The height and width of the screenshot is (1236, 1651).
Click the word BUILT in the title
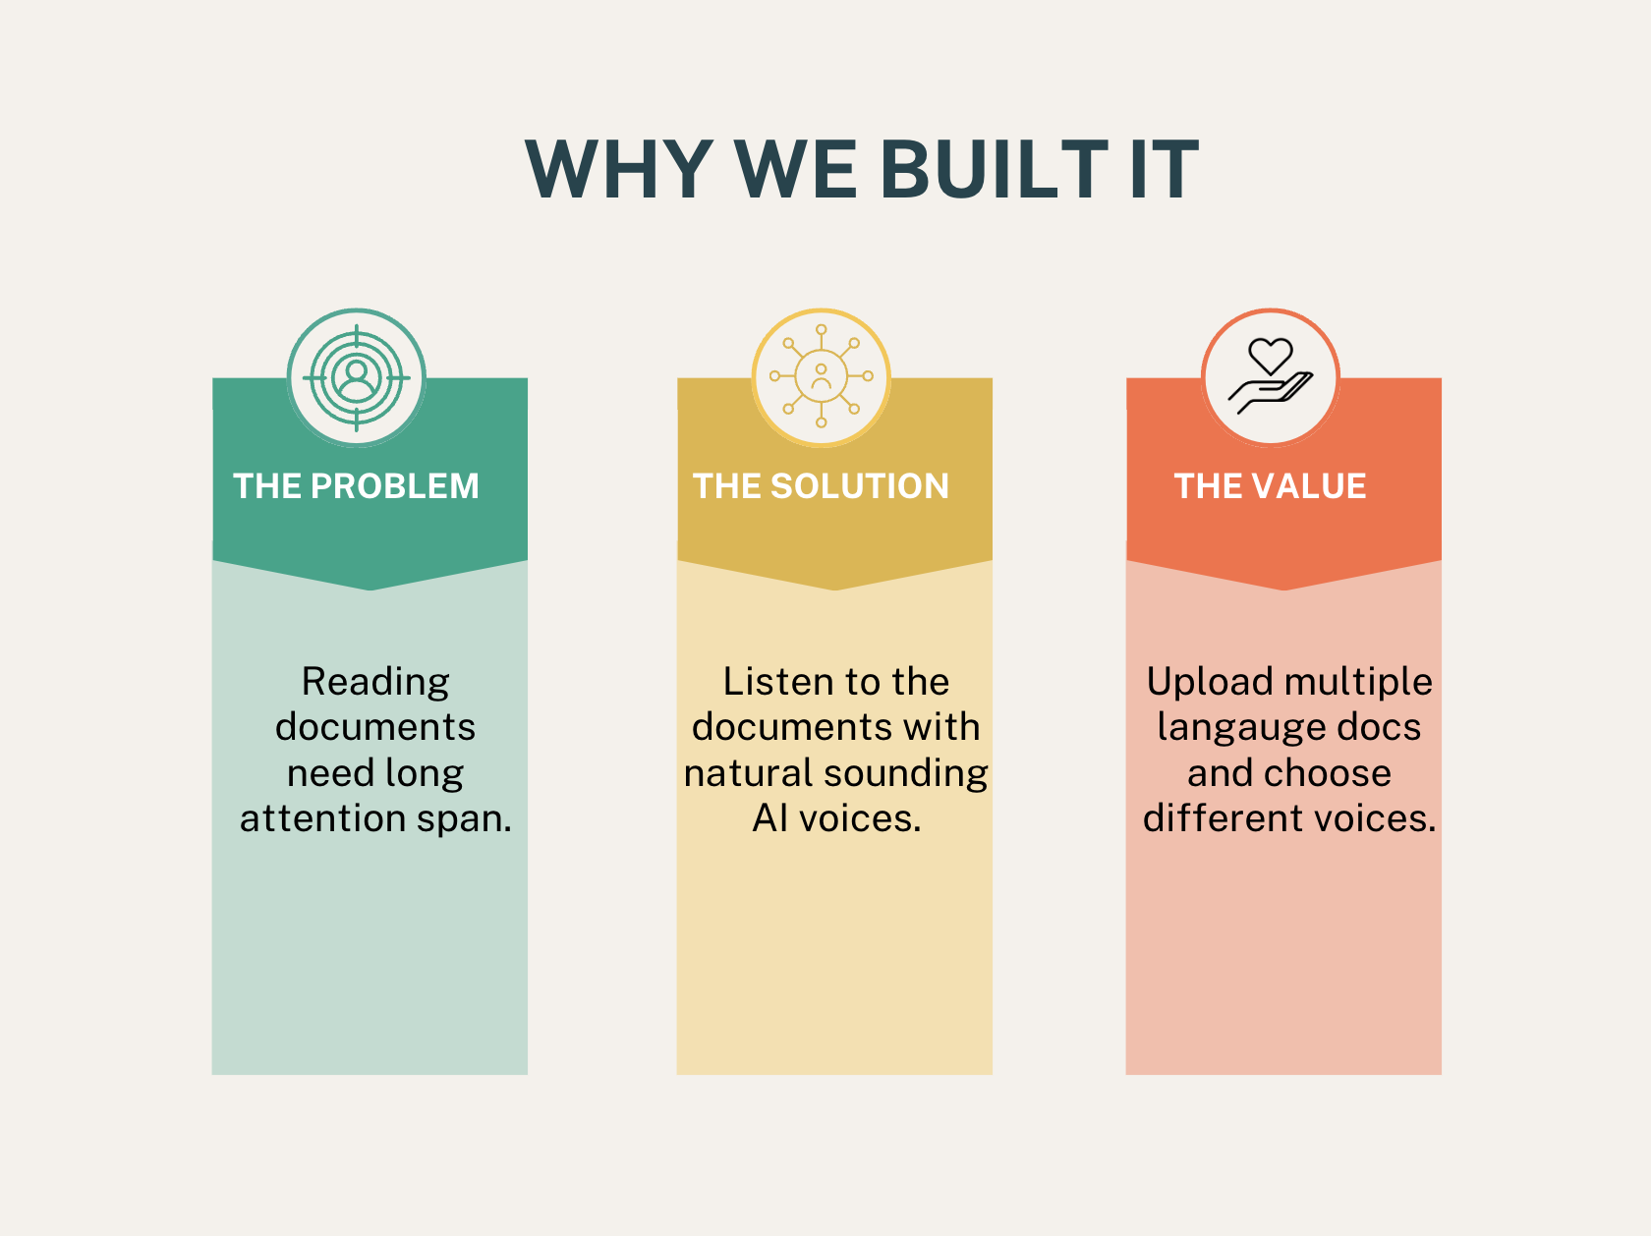[995, 169]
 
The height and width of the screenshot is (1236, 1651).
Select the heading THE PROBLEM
[356, 486]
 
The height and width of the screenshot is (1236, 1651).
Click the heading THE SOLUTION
[821, 486]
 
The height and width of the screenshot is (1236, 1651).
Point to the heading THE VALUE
[1270, 486]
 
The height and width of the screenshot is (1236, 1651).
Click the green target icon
[357, 377]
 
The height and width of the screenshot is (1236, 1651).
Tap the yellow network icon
[822, 377]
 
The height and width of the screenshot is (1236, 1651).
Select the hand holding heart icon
[1270, 377]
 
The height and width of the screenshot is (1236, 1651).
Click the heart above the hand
[1270, 355]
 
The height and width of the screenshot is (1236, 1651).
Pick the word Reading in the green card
[375, 682]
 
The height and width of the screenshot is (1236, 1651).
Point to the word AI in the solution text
[769, 818]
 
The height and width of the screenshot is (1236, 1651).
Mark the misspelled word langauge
[1241, 728]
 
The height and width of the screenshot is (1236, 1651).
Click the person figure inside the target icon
[357, 377]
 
